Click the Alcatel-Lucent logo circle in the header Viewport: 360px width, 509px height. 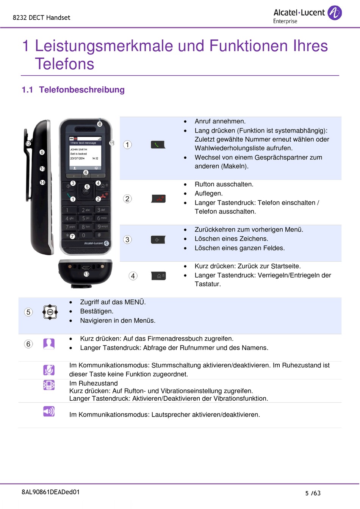coord(334,13)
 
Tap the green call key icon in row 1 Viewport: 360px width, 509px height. coord(158,145)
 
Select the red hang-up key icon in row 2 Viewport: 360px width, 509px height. coord(158,198)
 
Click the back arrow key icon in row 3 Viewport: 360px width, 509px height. coord(158,240)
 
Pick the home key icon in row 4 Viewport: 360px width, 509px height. coord(158,276)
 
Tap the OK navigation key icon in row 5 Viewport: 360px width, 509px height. coord(50,312)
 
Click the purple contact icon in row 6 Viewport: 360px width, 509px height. coord(49,343)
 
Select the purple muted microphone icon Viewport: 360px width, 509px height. coord(49,370)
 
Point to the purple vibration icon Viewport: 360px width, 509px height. coord(49,385)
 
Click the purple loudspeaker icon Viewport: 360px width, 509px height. coord(49,411)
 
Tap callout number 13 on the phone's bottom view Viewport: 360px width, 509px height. coord(86,274)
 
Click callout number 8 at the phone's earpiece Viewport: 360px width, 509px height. coord(100,124)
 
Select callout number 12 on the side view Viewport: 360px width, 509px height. coord(28,144)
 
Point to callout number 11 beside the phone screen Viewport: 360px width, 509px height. coord(112,143)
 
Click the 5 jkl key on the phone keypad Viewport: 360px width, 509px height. coord(86,218)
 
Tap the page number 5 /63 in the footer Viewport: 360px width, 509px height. coord(313,493)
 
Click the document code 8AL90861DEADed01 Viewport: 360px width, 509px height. coord(51,492)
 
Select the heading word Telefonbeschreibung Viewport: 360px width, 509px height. coord(82,90)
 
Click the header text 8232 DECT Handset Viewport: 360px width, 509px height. coord(41,17)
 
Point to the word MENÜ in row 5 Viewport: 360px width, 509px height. coord(135,302)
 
